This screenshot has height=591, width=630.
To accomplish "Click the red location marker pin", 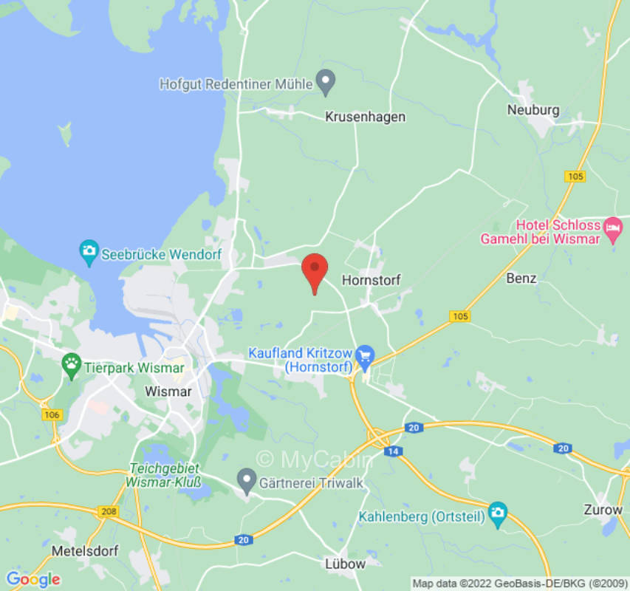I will [x=315, y=270].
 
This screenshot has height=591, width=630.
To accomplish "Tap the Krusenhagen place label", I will [x=365, y=117].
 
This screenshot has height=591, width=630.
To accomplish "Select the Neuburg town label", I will [x=533, y=110].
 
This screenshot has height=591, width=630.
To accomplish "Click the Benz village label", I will [x=521, y=279].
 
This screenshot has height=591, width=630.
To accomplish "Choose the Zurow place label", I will [x=602, y=510].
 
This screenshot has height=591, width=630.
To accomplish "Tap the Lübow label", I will [x=345, y=564].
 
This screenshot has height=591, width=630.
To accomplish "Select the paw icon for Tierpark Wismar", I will [x=71, y=363].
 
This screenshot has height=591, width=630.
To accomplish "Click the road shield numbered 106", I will [x=52, y=415].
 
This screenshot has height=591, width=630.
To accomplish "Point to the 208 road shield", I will [x=109, y=510].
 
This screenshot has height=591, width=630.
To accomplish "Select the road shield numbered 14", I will [x=393, y=451].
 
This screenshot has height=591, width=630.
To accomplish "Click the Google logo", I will [x=32, y=578].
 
